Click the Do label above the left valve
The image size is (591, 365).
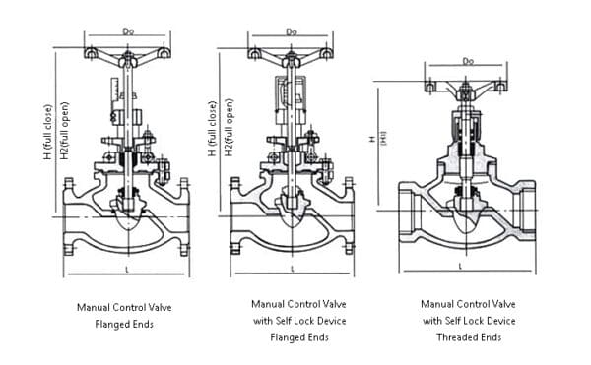(x=126, y=31)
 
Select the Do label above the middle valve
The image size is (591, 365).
(x=292, y=31)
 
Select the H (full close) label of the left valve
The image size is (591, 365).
(x=46, y=132)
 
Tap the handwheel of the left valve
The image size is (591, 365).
(x=126, y=51)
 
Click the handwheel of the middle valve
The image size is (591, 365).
(x=292, y=51)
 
